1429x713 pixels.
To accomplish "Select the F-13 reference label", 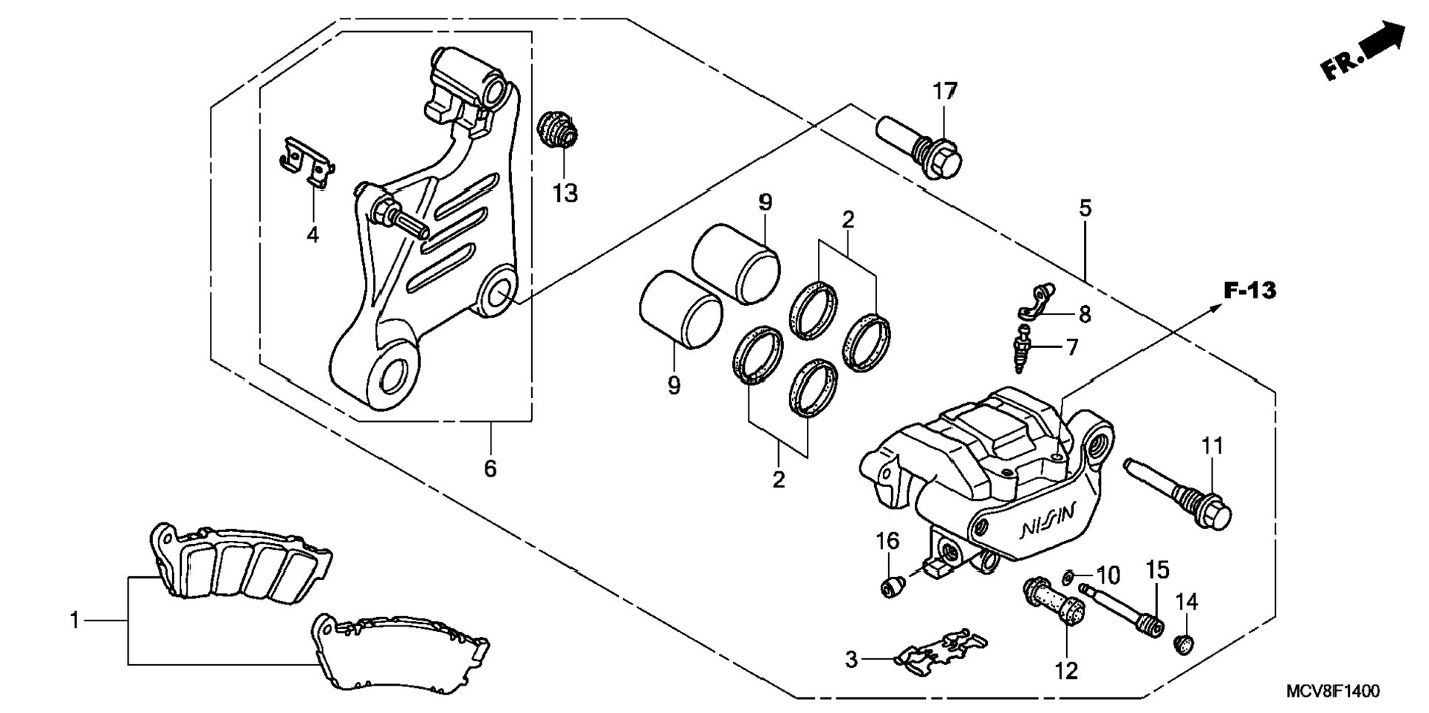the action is [1249, 290].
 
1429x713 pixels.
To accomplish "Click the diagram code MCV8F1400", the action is [1332, 692].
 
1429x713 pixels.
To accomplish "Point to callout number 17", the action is [944, 92].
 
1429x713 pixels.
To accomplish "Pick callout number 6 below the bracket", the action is [490, 468].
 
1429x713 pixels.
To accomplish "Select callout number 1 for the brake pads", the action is [75, 621].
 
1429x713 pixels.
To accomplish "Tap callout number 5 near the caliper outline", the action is [1085, 208].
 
